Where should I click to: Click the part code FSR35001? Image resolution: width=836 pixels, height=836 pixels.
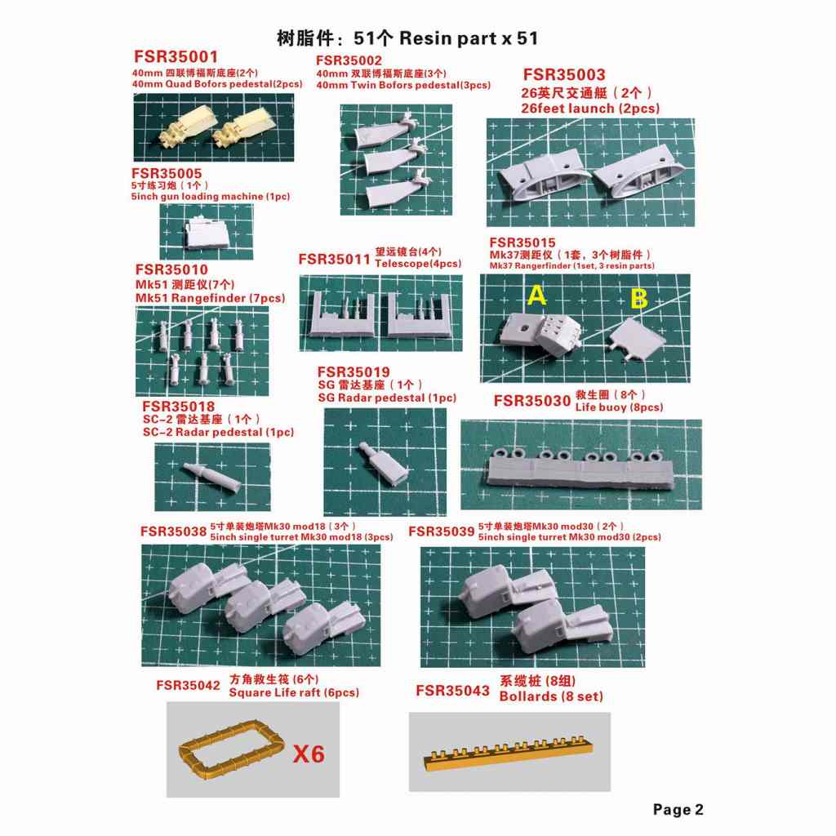click(175, 57)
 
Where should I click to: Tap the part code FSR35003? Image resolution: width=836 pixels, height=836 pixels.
click(564, 75)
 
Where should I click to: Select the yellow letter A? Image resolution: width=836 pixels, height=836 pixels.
click(536, 296)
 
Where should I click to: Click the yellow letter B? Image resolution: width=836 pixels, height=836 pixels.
click(638, 299)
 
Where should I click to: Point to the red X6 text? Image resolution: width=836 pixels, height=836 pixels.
click(308, 753)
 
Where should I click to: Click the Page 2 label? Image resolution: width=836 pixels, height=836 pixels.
click(678, 809)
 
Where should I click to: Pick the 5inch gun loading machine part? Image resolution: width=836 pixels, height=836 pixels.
click(207, 233)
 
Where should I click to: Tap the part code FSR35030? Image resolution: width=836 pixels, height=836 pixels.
click(531, 401)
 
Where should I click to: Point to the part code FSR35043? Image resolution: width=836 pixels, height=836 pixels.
click(452, 691)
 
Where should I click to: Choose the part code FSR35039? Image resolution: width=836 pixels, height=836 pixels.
click(441, 531)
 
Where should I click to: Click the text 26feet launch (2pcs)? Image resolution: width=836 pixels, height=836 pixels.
click(590, 108)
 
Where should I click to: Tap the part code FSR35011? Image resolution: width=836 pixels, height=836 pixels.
click(335, 259)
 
